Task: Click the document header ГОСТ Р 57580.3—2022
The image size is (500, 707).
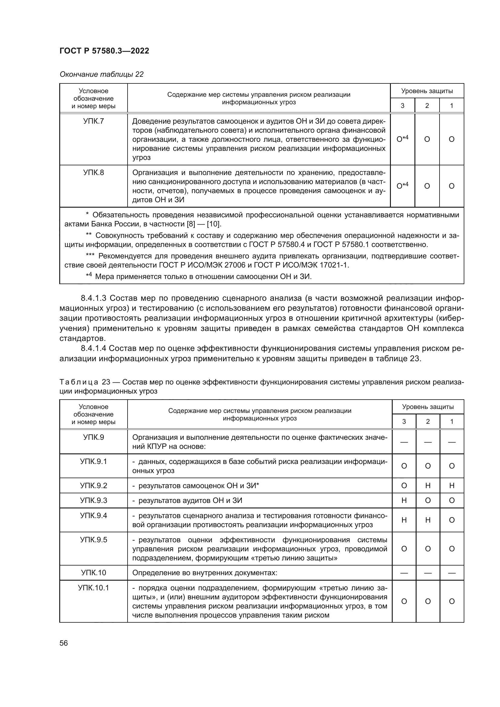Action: tap(104, 51)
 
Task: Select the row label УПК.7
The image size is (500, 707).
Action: tap(93, 121)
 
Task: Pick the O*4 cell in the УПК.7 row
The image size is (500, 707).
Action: tap(402, 139)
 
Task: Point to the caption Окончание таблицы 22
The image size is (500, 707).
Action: tap(101, 74)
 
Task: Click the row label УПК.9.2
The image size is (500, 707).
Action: tap(93, 486)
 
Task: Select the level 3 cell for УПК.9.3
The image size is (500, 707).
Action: tap(404, 501)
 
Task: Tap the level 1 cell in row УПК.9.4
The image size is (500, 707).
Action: tap(452, 520)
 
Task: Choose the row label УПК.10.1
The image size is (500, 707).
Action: tap(93, 588)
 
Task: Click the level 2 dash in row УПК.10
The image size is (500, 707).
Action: tap(428, 573)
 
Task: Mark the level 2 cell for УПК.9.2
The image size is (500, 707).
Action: tap(428, 486)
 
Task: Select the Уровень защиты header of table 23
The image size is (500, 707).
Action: tap(428, 407)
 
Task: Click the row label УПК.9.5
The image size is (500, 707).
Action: tap(93, 540)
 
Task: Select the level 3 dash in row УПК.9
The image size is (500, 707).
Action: tap(404, 442)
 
